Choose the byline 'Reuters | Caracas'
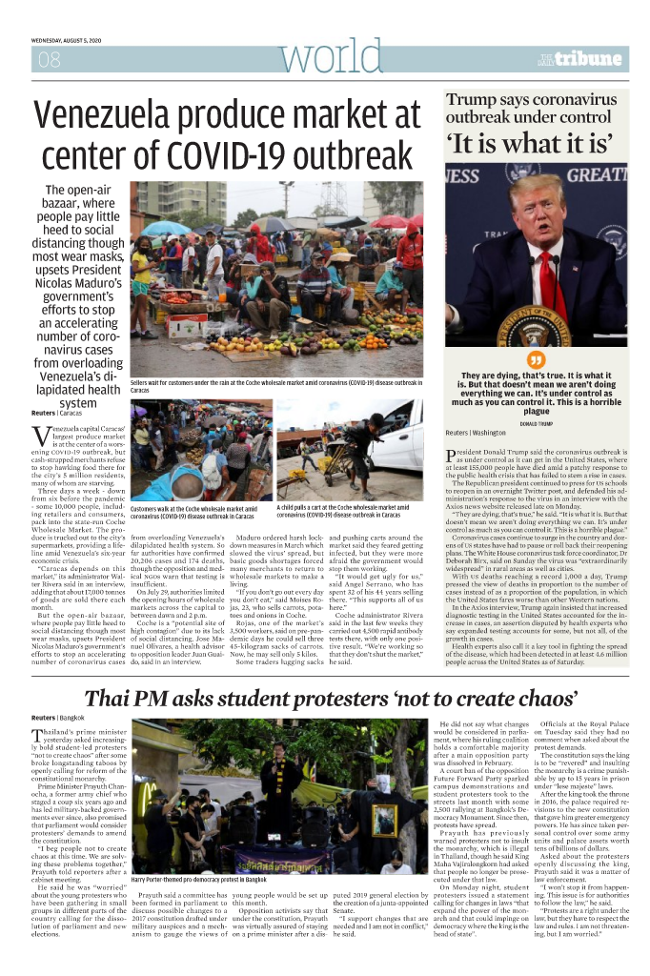56,414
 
